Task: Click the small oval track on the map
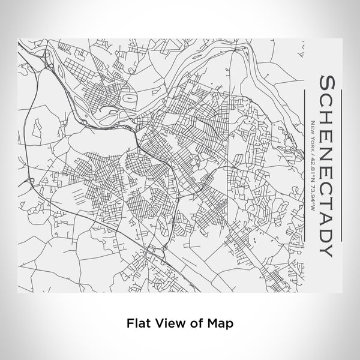(x=127, y=95)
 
